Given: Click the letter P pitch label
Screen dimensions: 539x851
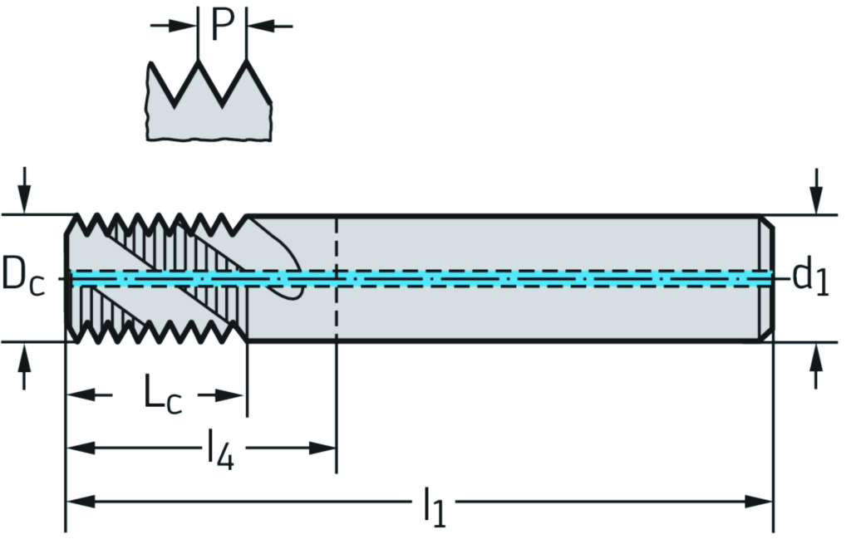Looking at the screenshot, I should click(x=222, y=25).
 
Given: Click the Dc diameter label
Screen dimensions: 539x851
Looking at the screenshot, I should click(x=24, y=276).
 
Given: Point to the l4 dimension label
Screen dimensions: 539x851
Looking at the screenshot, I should click(x=220, y=450).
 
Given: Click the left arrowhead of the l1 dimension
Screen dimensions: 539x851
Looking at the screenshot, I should click(x=80, y=502).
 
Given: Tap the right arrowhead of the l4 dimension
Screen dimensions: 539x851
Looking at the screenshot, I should click(x=322, y=448).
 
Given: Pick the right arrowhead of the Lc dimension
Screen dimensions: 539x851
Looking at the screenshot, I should click(x=233, y=394).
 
